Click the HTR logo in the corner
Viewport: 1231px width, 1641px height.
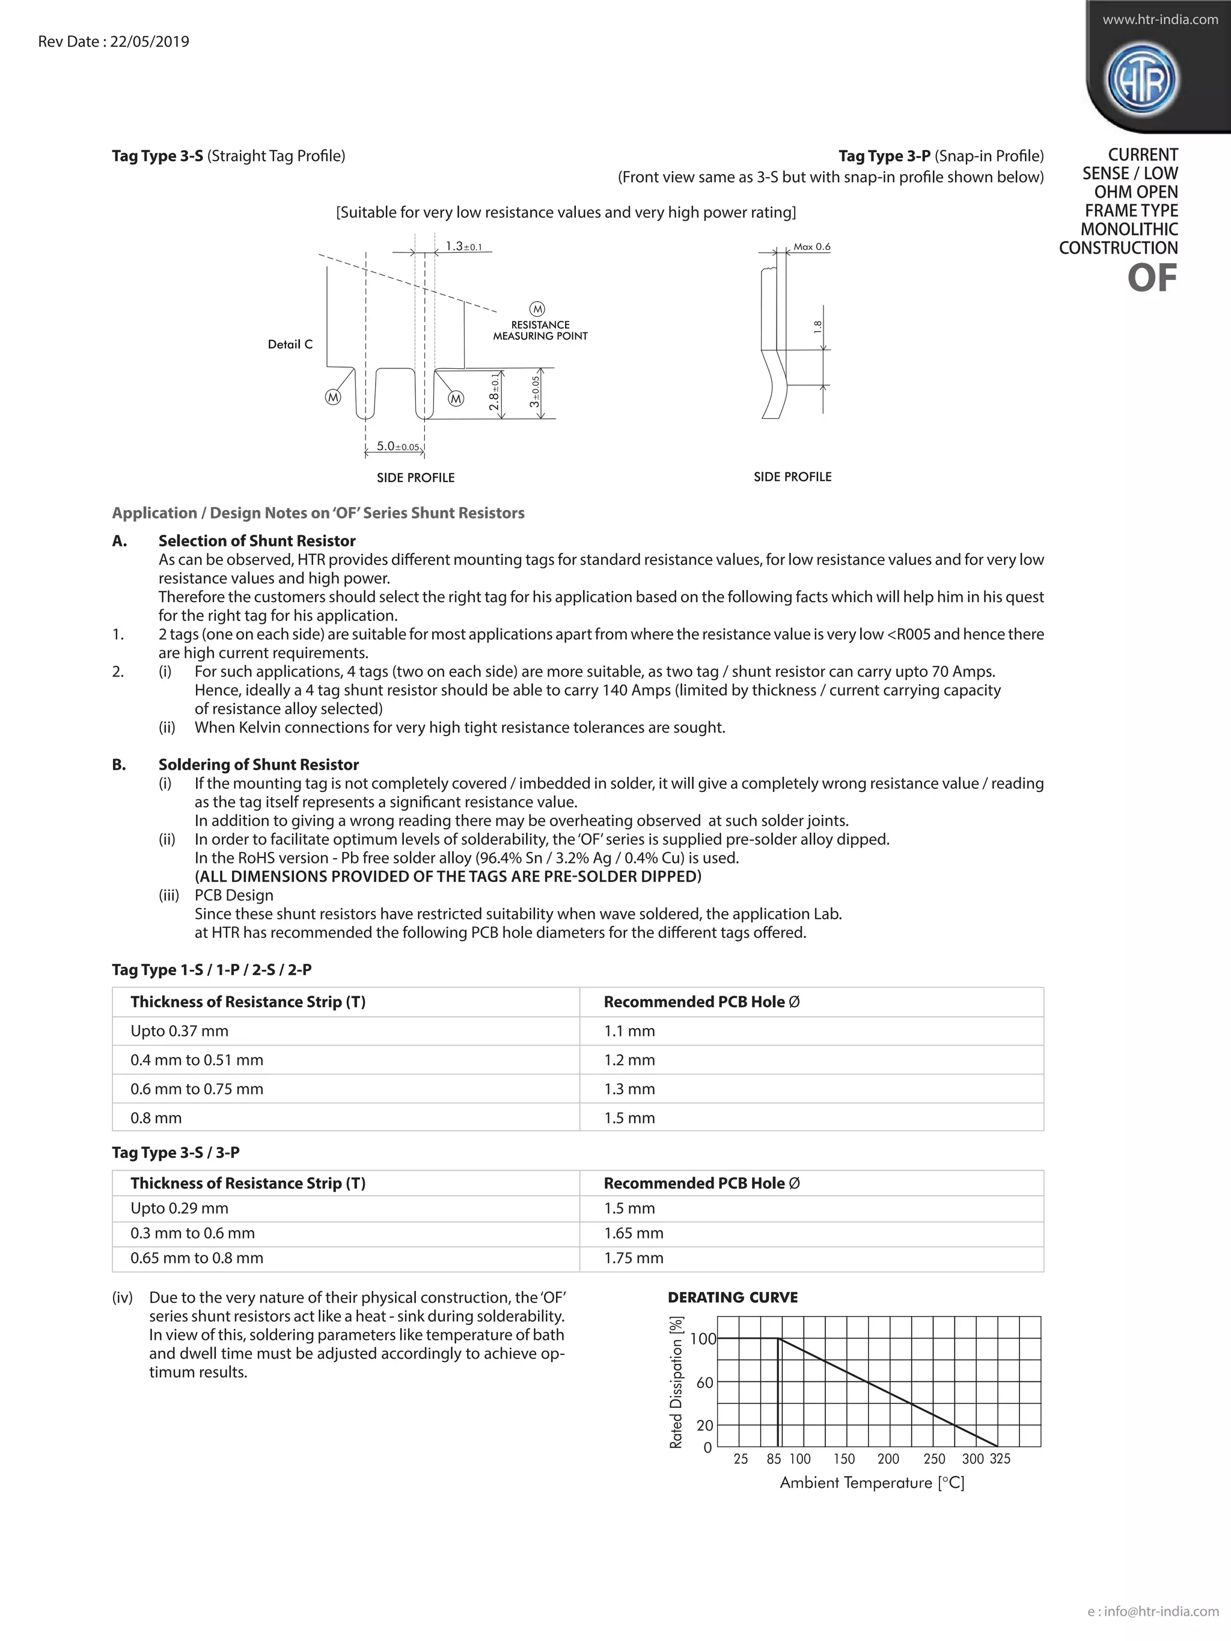[1142, 79]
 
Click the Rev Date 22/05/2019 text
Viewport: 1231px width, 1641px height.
[114, 41]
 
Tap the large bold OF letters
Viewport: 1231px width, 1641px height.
[1152, 279]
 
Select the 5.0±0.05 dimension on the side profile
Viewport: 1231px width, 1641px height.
[397, 446]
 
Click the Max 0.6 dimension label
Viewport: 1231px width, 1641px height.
[812, 246]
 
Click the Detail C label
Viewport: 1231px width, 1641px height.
[290, 344]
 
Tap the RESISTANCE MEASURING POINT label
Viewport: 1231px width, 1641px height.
[540, 330]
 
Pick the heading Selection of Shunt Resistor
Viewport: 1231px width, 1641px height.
[257, 541]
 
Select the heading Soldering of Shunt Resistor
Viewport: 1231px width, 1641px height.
[258, 765]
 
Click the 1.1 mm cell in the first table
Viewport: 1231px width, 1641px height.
[629, 1031]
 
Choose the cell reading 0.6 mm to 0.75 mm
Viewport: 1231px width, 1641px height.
[197, 1089]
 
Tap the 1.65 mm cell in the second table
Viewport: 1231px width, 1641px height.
[634, 1233]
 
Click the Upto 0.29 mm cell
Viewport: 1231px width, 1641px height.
[180, 1208]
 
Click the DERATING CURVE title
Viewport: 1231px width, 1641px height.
[732, 1297]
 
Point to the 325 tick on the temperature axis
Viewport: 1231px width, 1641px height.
[1000, 1460]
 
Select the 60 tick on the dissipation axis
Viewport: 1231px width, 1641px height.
[704, 1383]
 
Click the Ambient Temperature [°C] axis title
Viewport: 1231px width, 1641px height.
[872, 1483]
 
